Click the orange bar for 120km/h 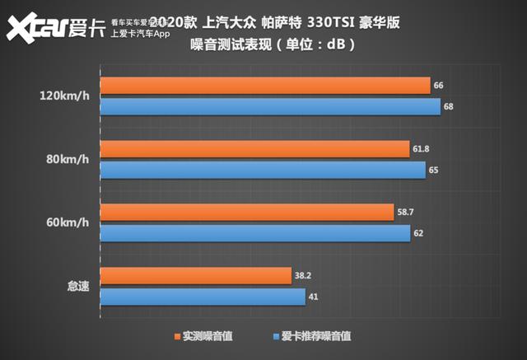coord(264,86)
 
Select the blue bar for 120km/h coord(269,107)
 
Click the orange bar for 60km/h coord(246,213)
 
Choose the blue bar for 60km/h coord(254,234)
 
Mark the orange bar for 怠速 coord(195,276)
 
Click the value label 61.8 coord(422,149)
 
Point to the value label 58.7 coord(405,213)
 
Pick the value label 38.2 coord(303,276)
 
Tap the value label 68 coord(449,107)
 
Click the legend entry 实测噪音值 coord(203,337)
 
